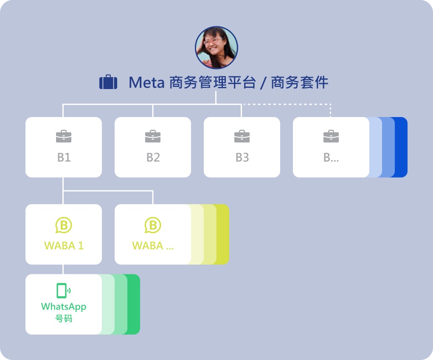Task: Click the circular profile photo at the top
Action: click(x=216, y=47)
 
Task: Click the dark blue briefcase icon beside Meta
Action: click(x=108, y=82)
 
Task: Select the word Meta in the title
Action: click(x=146, y=83)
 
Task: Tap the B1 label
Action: click(x=64, y=158)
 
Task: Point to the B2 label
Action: click(x=153, y=158)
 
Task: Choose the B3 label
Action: click(x=242, y=158)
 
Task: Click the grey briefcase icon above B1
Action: click(x=64, y=137)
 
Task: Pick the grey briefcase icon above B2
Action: click(x=153, y=137)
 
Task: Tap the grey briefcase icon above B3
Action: click(x=242, y=137)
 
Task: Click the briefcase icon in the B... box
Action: click(x=331, y=137)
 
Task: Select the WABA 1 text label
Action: click(x=64, y=246)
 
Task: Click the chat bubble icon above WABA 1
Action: click(x=64, y=225)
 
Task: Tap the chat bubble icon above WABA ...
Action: click(x=153, y=225)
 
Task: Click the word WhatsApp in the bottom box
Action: click(x=64, y=307)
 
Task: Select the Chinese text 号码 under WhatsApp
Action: click(x=64, y=318)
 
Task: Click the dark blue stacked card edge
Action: click(x=401, y=147)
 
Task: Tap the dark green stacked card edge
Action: click(x=134, y=304)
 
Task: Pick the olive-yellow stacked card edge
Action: click(x=223, y=234)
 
